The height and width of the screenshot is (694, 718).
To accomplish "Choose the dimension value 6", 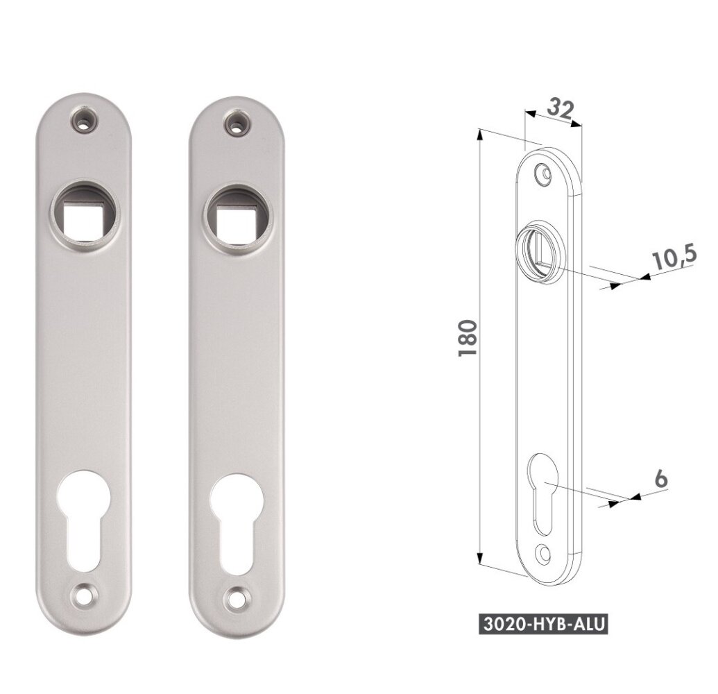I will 660,479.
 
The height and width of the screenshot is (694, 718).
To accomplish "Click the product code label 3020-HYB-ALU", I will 544,625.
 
